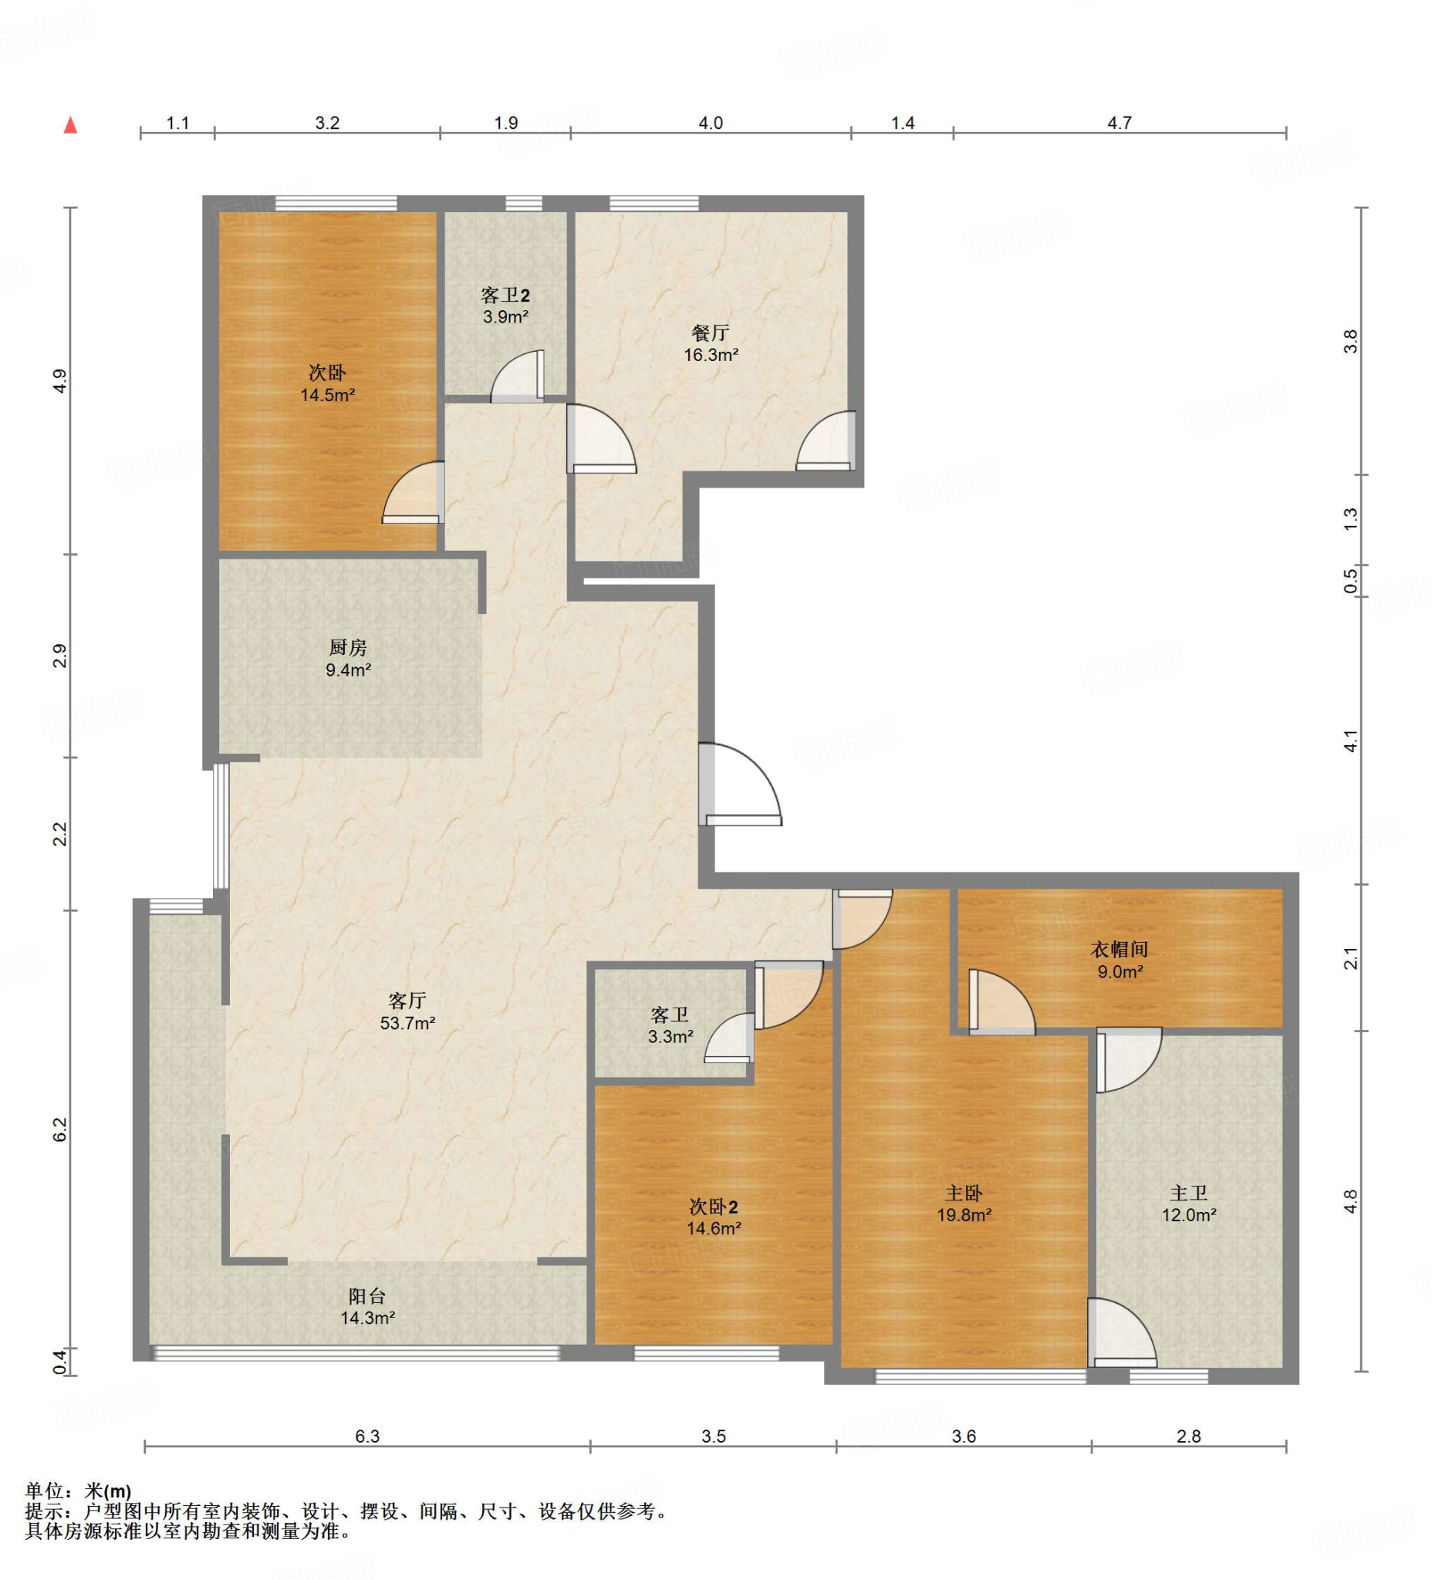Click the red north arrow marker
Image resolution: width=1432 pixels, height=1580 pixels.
click(70, 126)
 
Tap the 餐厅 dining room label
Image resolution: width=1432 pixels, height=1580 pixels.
click(710, 333)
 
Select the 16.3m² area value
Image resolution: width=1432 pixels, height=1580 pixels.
click(711, 355)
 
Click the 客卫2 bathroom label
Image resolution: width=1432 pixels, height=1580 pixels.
click(505, 295)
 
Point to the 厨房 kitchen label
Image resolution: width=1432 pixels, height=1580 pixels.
click(347, 648)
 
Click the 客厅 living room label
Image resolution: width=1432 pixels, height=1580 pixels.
click(407, 1001)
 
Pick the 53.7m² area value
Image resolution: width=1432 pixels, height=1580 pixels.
click(407, 1023)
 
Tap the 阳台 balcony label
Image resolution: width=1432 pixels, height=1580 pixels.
click(366, 1296)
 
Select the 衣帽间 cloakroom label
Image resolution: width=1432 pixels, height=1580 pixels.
click(1120, 950)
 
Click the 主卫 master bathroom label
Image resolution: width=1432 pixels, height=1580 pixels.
click(1188, 1193)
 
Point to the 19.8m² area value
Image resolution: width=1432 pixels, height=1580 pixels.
click(964, 1216)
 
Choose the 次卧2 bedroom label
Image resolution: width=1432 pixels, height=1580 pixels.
click(713, 1206)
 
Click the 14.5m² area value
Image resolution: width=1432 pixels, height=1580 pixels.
click(328, 395)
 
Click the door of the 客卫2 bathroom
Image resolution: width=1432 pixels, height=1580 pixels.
click(517, 376)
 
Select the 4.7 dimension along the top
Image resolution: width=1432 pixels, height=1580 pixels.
click(1120, 123)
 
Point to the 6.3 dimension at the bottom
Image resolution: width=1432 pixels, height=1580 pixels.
click(366, 1437)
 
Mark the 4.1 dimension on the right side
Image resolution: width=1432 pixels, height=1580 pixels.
click(1349, 741)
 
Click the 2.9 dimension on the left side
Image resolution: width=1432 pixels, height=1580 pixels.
click(59, 656)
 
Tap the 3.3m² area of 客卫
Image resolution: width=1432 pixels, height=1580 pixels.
click(670, 1037)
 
